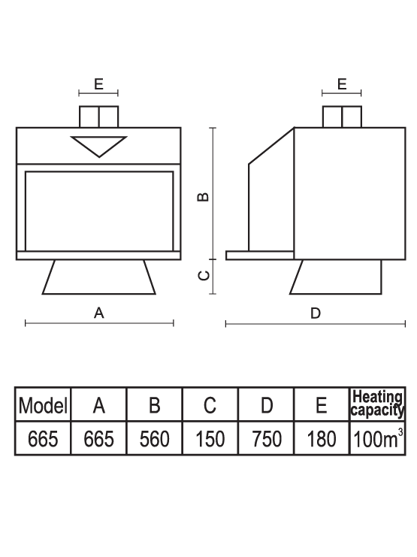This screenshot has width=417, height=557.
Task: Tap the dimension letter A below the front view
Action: (x=98, y=313)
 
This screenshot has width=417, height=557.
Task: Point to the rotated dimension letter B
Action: (x=203, y=196)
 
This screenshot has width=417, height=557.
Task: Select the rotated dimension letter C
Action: (x=203, y=275)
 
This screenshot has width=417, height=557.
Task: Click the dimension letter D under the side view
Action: (x=316, y=313)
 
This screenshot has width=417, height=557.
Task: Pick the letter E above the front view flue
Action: (x=98, y=84)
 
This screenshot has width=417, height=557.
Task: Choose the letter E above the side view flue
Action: (x=342, y=84)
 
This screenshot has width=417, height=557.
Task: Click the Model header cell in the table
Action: (x=43, y=405)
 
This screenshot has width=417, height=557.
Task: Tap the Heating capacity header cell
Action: (x=377, y=404)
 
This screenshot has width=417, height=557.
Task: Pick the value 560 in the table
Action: (x=155, y=439)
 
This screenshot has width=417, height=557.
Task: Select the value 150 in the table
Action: (x=210, y=439)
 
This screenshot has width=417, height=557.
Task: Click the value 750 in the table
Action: (x=267, y=439)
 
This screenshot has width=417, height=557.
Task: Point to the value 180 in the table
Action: (x=322, y=439)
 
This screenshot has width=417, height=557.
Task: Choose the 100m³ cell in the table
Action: (x=378, y=438)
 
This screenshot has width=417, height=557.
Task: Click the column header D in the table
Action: (x=267, y=405)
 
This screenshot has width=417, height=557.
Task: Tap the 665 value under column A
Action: (x=98, y=439)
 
